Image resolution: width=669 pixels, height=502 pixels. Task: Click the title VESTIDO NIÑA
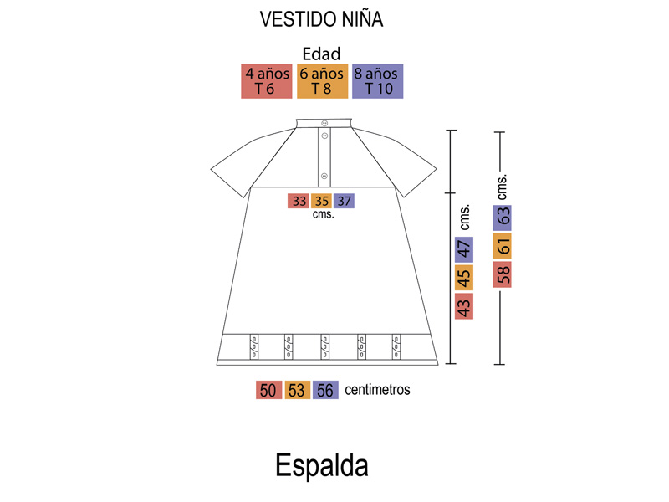pos(321,19)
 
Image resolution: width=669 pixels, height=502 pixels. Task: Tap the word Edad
pos(321,54)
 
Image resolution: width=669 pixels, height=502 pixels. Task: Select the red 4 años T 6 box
pos(267,81)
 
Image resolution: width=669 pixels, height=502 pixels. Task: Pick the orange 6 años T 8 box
pos(322,81)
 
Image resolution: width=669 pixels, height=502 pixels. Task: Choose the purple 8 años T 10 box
pos(378,81)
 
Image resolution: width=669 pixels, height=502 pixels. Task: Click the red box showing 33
pos(299,201)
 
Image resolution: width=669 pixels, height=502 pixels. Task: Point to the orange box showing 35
pos(321,201)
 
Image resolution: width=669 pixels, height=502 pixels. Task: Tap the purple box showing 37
pos(344,201)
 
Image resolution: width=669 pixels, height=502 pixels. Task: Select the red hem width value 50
pos(268,390)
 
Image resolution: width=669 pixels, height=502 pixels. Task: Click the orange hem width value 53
pos(298,390)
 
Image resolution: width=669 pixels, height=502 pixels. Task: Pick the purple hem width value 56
pos(325,390)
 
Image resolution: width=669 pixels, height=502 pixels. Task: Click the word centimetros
pos(377,389)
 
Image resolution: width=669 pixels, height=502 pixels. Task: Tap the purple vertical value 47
pos(464,249)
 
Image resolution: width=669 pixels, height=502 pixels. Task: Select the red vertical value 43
pos(464,306)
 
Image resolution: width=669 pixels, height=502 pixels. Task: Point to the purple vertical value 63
pos(503,218)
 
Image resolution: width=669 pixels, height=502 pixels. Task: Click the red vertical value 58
pos(503,274)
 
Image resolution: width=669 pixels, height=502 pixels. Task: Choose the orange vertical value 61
pos(503,246)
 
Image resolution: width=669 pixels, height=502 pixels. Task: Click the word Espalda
pos(322,465)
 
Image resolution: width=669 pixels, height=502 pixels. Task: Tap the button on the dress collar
pos(324,123)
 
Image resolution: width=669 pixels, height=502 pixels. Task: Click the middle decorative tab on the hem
pos(324,346)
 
